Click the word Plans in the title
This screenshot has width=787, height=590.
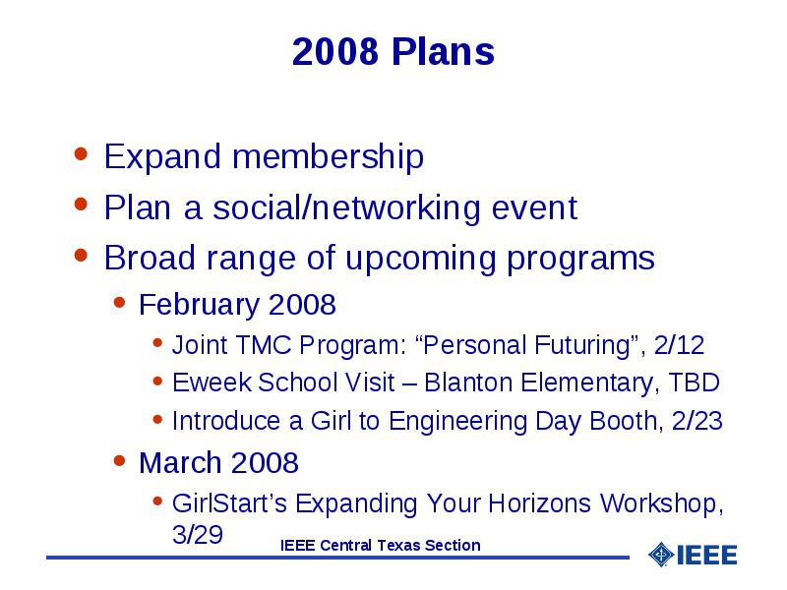click(x=444, y=51)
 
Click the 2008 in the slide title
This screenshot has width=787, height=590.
click(x=335, y=51)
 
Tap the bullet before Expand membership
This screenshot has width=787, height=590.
click(x=81, y=152)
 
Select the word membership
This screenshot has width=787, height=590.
click(x=328, y=156)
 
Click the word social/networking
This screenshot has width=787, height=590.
click(x=346, y=207)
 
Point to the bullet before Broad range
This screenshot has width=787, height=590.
click(x=81, y=255)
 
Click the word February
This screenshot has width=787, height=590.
click(x=200, y=305)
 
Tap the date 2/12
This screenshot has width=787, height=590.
click(x=679, y=345)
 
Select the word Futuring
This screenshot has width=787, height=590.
click(x=582, y=346)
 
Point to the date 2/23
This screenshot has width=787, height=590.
click(x=696, y=421)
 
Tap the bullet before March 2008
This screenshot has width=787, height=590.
click(x=119, y=460)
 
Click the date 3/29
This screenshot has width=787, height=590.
click(x=198, y=534)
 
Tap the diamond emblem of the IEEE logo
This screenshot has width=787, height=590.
click(x=661, y=555)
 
